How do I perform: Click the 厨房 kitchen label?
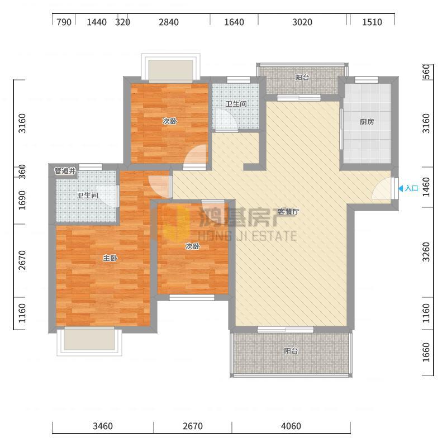click(x=367, y=122)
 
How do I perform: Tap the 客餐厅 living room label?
click(x=288, y=212)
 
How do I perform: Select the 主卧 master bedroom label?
click(x=110, y=258)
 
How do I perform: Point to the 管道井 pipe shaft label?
click(x=65, y=171)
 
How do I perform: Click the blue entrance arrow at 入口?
click(x=400, y=188)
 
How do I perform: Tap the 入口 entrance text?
click(x=411, y=188)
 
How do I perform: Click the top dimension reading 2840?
click(x=169, y=22)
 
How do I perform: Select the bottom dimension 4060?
click(x=291, y=426)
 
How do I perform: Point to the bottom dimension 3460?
click(x=103, y=426)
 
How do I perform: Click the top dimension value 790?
click(x=64, y=22)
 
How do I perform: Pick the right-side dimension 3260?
click(x=426, y=252)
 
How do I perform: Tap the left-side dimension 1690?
click(x=22, y=201)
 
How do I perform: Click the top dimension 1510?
click(x=372, y=22)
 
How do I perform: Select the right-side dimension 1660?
click(x=426, y=353)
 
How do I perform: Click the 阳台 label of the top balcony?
click(x=302, y=78)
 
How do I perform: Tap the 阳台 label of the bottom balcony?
click(x=291, y=351)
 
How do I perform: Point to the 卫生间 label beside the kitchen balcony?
click(x=236, y=104)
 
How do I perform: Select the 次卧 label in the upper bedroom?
click(x=170, y=121)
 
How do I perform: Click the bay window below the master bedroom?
click(x=89, y=341)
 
